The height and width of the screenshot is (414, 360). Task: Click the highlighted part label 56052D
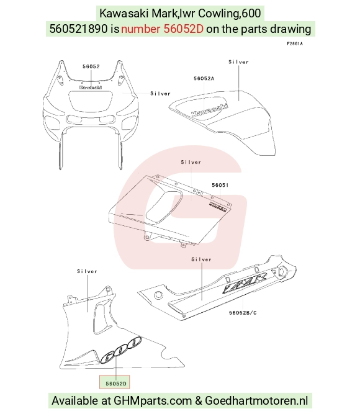pos(116,384)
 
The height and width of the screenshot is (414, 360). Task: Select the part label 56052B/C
pos(243,313)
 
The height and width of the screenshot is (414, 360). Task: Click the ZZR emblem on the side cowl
pos(245,283)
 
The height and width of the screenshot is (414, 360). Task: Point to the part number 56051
pos(220,185)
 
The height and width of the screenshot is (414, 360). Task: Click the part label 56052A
pos(204,78)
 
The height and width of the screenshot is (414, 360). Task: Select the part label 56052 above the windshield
pos(91,66)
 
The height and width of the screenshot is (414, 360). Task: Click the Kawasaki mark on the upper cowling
pos(91,87)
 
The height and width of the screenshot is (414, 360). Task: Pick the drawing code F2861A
pos(295,43)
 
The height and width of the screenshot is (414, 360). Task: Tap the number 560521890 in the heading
pos(79,29)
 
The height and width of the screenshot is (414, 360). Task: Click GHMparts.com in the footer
pos(153,401)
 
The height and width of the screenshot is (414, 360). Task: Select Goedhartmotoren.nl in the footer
pos(256,401)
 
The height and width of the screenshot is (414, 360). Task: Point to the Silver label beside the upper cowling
pos(160,94)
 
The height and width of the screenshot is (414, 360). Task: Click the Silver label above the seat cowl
pos(238,62)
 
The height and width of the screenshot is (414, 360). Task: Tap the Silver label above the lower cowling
pos(87,271)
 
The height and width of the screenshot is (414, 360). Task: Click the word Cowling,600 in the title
pos(230,13)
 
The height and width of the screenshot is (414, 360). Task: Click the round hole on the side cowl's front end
pos(158,295)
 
